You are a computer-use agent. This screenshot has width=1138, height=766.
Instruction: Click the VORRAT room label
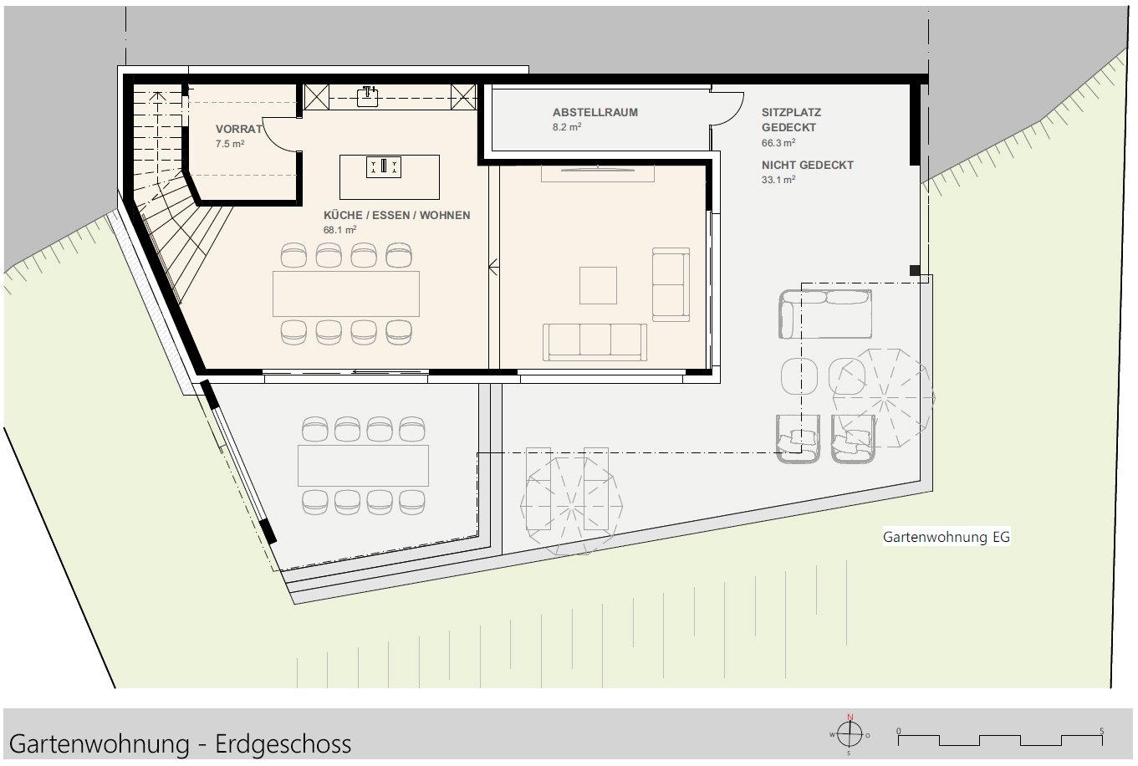[x=238, y=130]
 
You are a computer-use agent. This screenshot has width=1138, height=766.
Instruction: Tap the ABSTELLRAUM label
[x=595, y=112]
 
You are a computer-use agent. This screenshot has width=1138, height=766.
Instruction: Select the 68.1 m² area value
[x=339, y=229]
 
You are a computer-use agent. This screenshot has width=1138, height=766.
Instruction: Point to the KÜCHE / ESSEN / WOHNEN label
[x=396, y=215]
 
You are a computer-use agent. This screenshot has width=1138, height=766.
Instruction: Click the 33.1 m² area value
[x=778, y=179]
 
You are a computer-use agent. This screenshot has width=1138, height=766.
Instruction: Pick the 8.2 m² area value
[x=566, y=127]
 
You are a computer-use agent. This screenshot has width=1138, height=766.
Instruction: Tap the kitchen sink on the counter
[x=369, y=97]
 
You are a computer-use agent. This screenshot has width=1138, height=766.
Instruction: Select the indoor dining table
[x=345, y=294]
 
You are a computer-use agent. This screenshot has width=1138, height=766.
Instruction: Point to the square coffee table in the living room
[x=598, y=285]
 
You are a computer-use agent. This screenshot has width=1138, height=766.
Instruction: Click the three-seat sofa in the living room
[x=595, y=340]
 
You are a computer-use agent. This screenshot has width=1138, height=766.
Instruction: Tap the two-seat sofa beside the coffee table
[x=671, y=284]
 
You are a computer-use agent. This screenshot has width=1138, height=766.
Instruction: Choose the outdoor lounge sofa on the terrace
[x=825, y=314]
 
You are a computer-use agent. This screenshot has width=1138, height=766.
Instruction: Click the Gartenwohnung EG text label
[x=946, y=538]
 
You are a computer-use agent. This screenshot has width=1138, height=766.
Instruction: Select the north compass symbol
[x=850, y=734]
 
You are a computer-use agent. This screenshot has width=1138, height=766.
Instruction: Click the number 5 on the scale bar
[x=1101, y=730]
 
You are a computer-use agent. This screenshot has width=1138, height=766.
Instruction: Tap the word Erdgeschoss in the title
[x=283, y=743]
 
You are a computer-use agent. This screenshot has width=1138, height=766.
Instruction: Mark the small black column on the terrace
[x=915, y=270]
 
